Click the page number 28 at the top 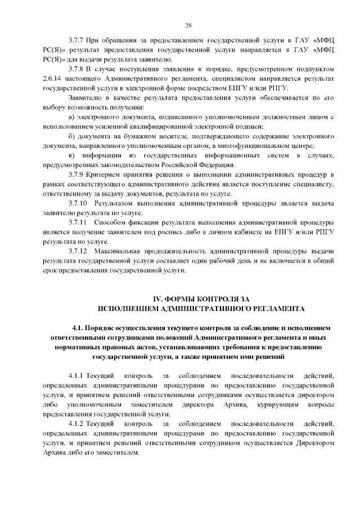click(x=188, y=25)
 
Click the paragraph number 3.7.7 click(x=76, y=42)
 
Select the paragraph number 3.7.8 click(x=76, y=69)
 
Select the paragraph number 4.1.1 click(x=76, y=375)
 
